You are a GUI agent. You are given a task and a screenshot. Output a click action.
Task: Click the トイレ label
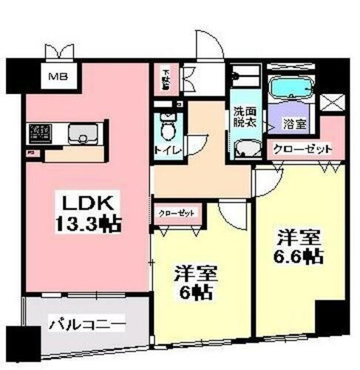[166, 150]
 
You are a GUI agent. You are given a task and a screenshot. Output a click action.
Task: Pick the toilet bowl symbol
[169, 129]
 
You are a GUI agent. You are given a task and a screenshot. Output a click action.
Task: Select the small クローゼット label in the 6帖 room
[177, 213]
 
